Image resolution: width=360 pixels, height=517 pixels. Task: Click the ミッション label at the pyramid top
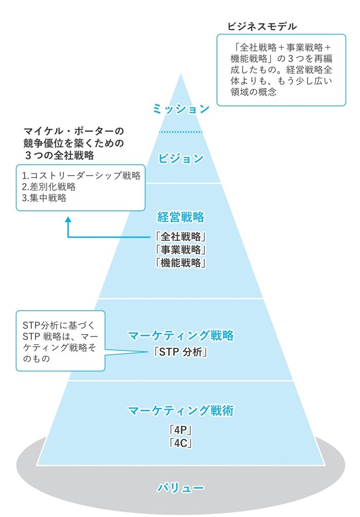click(x=181, y=109)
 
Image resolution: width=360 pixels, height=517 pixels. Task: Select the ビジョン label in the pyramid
click(x=181, y=158)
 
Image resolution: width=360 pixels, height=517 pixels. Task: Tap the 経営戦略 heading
click(x=181, y=217)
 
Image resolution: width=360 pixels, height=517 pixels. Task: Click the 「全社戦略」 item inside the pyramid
click(x=181, y=237)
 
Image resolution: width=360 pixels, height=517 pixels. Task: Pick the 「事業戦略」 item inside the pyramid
click(x=181, y=250)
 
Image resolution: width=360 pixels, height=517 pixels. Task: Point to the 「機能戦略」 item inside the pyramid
click(x=181, y=263)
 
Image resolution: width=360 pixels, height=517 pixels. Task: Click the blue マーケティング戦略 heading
click(x=181, y=336)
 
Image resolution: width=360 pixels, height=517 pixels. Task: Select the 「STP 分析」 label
click(x=181, y=353)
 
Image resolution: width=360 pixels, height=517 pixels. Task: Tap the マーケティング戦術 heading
click(x=181, y=411)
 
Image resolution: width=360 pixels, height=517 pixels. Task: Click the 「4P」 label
click(x=181, y=430)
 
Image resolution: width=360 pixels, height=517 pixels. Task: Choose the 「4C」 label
click(x=181, y=442)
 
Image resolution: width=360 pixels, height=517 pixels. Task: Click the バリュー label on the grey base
click(x=181, y=488)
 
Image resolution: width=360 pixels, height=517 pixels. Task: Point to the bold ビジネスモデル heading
click(x=262, y=26)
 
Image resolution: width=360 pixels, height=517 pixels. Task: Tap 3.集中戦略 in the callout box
click(x=44, y=198)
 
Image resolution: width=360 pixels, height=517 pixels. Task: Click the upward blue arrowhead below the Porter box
click(x=68, y=220)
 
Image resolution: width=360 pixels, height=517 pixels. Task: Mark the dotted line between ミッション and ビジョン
click(x=181, y=132)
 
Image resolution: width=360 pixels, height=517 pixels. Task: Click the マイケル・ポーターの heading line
click(x=74, y=131)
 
